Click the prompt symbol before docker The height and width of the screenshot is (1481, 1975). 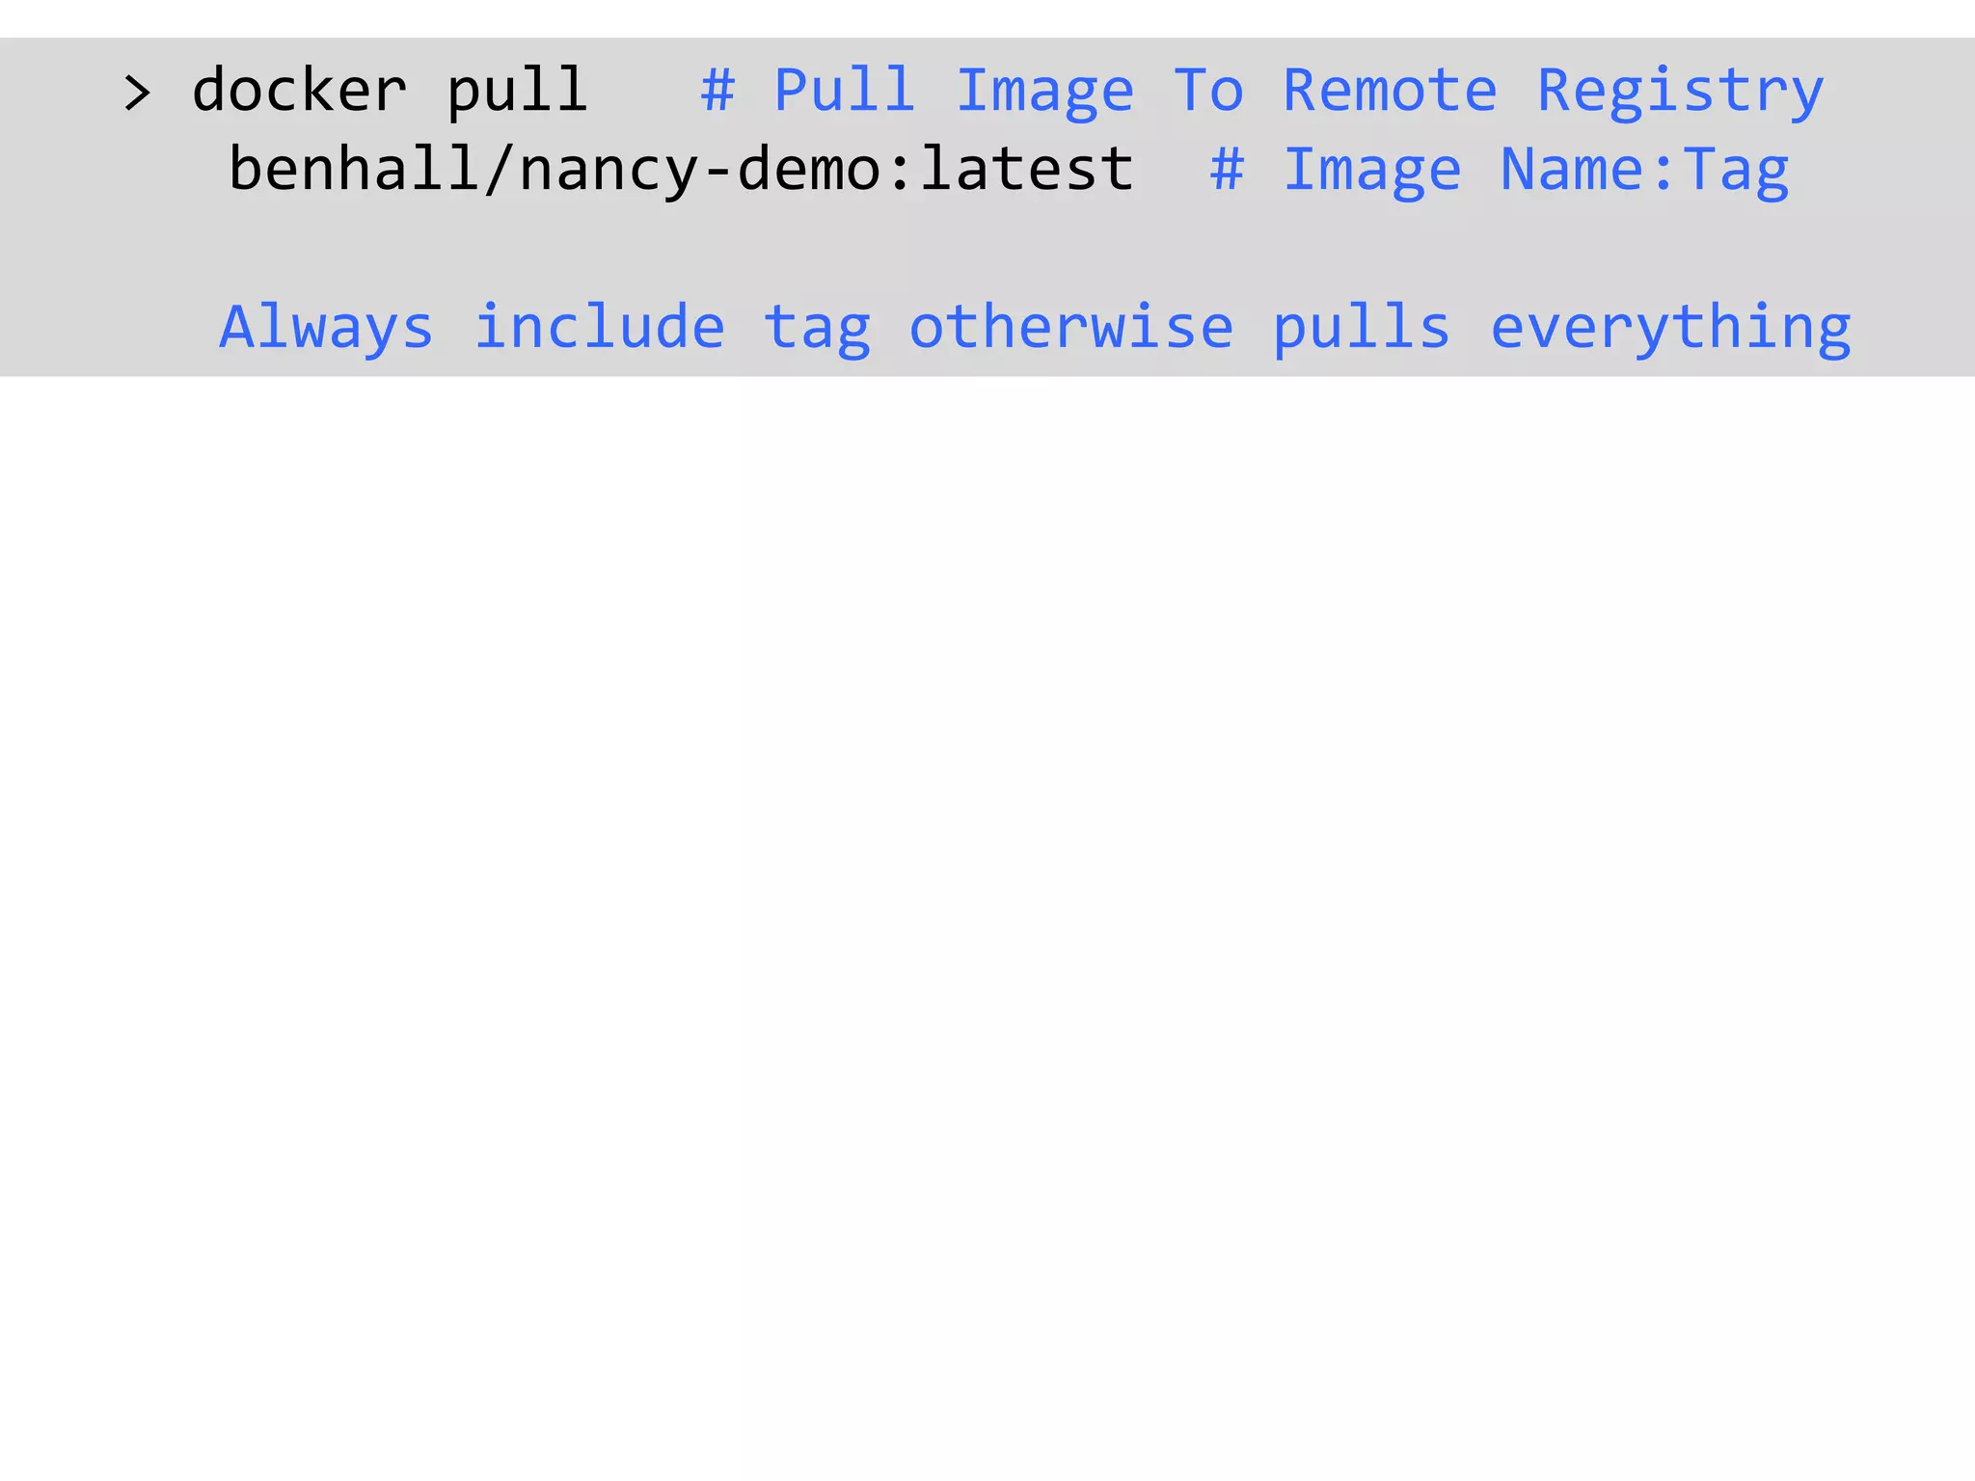click(x=138, y=94)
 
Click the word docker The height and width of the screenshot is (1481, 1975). click(x=299, y=91)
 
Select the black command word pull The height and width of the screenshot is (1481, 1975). click(x=517, y=92)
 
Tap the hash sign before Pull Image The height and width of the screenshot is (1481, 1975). click(x=717, y=91)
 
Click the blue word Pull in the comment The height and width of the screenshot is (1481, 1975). click(x=845, y=91)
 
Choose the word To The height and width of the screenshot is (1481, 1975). click(x=1208, y=91)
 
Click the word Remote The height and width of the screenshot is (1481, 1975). click(x=1390, y=91)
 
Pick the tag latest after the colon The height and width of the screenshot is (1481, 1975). click(x=1027, y=169)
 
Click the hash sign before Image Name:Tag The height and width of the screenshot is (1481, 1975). click(x=1227, y=170)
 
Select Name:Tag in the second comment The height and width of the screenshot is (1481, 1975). click(x=1644, y=171)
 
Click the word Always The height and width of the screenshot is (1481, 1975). click(x=327, y=328)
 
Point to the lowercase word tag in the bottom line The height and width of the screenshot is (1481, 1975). click(x=817, y=329)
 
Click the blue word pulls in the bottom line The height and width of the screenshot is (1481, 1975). click(x=1361, y=328)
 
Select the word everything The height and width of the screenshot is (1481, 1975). click(x=1670, y=328)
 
